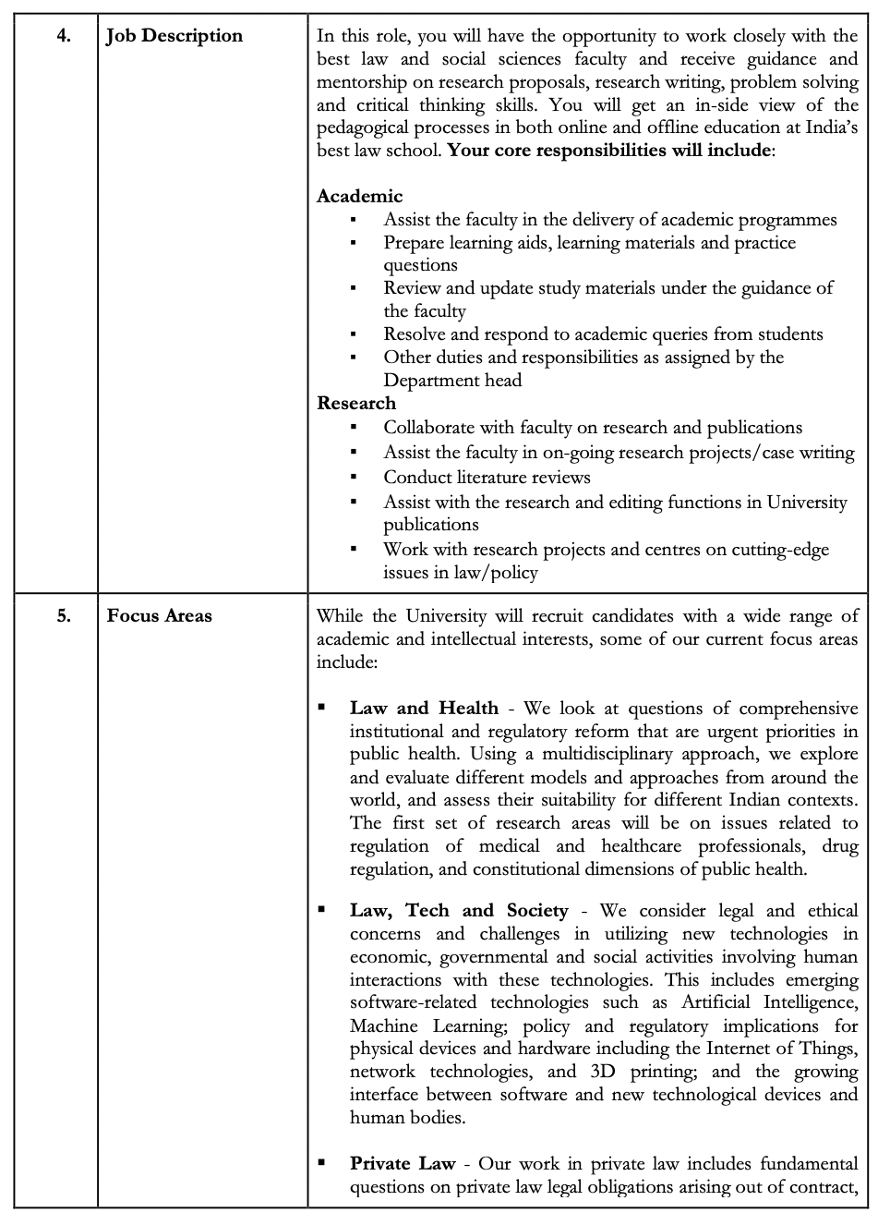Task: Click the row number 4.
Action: (64, 37)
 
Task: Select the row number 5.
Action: (64, 616)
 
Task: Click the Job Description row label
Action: (174, 36)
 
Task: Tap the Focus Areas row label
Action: (159, 616)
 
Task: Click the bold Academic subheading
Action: (359, 196)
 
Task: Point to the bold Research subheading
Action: (355, 404)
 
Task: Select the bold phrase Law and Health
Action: (424, 709)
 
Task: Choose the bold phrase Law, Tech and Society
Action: (459, 911)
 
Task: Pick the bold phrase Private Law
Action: (402, 1164)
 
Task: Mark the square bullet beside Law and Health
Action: (322, 708)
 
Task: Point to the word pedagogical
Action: (366, 127)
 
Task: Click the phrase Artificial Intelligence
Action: (770, 1002)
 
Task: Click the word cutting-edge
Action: (780, 550)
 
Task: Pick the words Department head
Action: (452, 381)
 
